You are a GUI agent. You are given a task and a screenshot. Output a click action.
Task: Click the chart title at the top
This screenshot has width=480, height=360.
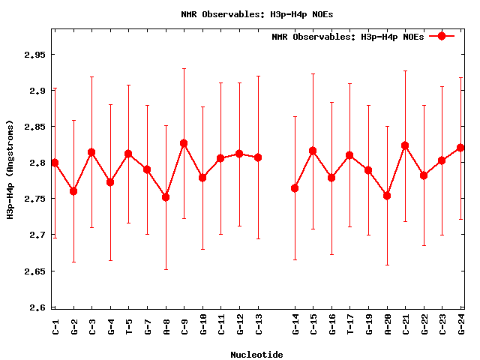click(240, 14)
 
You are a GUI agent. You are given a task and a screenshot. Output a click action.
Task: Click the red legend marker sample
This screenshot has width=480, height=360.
click(442, 36)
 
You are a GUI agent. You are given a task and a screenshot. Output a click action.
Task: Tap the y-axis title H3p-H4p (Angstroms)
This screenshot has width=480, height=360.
click(10, 169)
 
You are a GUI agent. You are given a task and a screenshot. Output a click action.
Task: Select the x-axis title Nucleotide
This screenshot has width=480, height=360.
click(256, 354)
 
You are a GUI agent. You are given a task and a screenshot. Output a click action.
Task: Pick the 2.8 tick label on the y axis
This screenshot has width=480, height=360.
click(35, 163)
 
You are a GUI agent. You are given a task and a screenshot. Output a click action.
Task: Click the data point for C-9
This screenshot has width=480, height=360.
click(184, 143)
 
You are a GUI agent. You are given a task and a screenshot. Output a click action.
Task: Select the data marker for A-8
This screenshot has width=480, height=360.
click(166, 197)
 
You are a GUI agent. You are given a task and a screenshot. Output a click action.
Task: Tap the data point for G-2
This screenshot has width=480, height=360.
click(73, 191)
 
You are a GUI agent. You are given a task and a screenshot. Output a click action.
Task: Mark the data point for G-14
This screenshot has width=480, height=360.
click(295, 188)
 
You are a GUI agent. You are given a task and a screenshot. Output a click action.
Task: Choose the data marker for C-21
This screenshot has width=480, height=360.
click(405, 145)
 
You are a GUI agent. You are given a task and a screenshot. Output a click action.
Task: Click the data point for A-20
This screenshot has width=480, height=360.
click(387, 196)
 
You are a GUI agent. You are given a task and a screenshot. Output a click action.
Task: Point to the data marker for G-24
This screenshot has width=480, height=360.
click(460, 148)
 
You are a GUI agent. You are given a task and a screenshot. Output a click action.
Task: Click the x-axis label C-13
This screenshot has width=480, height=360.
click(258, 324)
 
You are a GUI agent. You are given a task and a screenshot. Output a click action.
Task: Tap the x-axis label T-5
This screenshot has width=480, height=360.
click(129, 325)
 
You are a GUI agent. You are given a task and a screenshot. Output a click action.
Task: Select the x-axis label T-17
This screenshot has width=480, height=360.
click(350, 324)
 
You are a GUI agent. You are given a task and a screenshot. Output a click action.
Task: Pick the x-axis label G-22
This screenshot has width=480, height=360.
click(424, 324)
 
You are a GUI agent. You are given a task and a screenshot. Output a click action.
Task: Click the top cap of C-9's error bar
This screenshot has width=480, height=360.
click(184, 68)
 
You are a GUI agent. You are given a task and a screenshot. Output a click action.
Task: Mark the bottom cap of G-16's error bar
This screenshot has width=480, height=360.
click(331, 255)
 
